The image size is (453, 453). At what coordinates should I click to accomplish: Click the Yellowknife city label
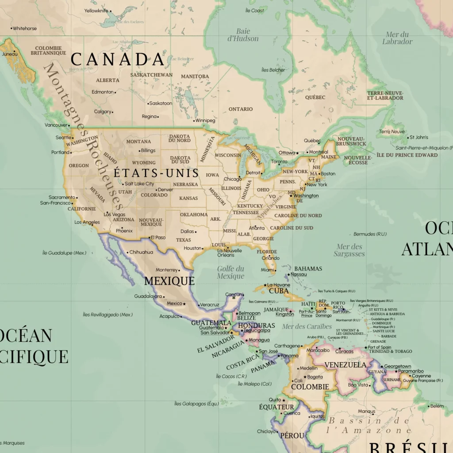tap(96, 11)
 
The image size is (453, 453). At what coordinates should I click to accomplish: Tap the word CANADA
tap(118, 59)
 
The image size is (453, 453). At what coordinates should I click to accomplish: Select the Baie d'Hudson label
tap(243, 35)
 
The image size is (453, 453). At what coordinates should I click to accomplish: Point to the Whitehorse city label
tap(24, 28)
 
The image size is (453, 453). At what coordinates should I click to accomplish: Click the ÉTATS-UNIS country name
tap(157, 173)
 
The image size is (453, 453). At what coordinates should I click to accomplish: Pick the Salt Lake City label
tap(139, 184)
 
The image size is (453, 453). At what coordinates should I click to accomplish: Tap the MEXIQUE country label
tap(169, 281)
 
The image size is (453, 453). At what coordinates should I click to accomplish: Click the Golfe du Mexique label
tap(230, 273)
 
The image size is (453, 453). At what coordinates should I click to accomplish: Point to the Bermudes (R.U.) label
tap(370, 234)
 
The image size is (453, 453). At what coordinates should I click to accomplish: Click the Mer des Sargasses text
tap(349, 250)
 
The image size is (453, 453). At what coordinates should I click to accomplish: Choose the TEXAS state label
tap(184, 240)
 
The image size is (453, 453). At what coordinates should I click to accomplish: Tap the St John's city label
tap(419, 137)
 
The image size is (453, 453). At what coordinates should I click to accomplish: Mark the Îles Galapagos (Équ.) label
tap(196, 403)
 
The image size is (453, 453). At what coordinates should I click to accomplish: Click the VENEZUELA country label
tap(346, 365)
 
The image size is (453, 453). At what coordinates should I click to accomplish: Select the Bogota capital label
tap(315, 377)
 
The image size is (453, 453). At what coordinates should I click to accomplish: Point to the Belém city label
tap(437, 406)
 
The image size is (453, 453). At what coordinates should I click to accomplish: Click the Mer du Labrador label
tap(397, 38)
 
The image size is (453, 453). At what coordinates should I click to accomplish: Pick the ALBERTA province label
tap(107, 80)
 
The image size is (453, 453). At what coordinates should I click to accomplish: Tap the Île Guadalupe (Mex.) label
tap(64, 253)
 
